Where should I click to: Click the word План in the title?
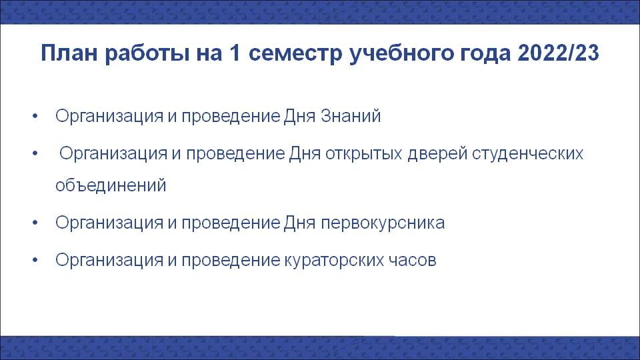(69, 53)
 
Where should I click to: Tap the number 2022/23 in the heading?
(558, 53)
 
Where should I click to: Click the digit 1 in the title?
(235, 53)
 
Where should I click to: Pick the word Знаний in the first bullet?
(351, 116)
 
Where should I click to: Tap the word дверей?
(437, 154)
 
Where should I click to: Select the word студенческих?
(528, 154)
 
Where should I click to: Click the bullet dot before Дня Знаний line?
(35, 116)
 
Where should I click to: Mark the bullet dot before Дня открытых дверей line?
(35, 153)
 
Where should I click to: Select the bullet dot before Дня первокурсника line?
(35, 223)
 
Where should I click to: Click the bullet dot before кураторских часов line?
(35, 260)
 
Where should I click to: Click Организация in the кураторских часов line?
(109, 261)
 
